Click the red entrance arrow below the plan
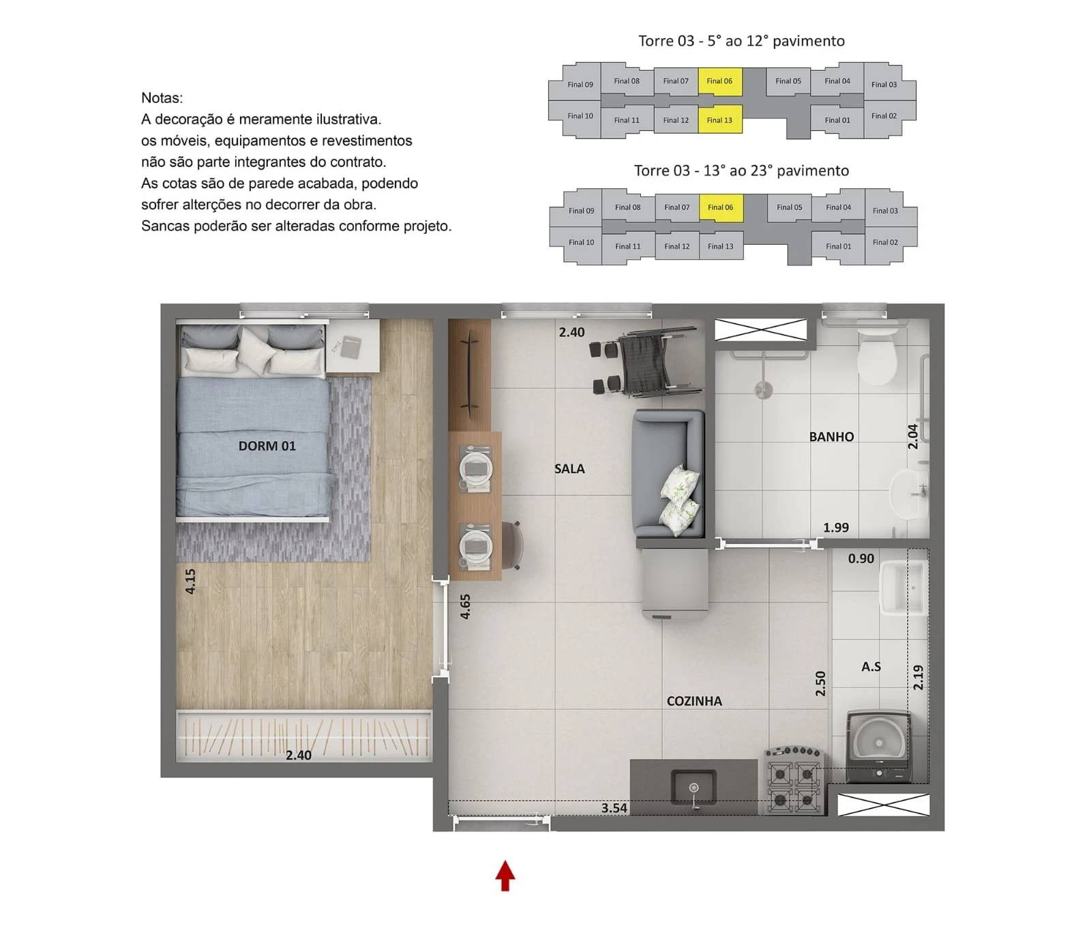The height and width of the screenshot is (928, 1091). coord(505,876)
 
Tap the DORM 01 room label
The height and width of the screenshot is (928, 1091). coord(267,446)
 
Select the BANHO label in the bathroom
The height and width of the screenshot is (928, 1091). coord(831,437)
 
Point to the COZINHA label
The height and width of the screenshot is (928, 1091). coord(694,701)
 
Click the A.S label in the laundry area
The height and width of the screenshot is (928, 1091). coord(871,667)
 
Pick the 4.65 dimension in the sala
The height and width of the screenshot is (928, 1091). coord(466,606)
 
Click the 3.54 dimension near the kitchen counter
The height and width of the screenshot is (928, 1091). coord(614,808)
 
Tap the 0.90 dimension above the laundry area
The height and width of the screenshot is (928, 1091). coord(861,558)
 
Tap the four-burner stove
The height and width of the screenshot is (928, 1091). coord(794,781)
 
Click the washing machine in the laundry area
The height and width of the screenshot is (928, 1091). coord(878,746)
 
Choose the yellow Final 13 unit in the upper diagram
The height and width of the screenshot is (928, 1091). coord(720,119)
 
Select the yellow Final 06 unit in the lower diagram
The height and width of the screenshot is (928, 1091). coord(721,207)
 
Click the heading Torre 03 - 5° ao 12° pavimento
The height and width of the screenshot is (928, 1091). coord(741,41)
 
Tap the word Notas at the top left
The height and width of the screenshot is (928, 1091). coord(162,98)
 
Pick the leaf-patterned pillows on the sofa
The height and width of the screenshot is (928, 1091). coord(680,500)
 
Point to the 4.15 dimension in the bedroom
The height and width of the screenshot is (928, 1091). coord(190,581)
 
